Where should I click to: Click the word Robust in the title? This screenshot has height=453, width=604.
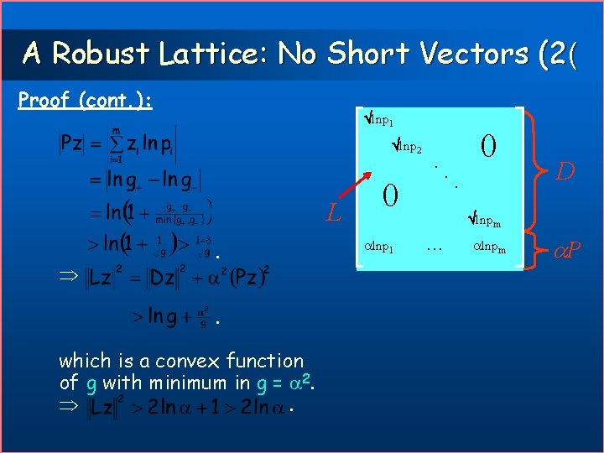100,54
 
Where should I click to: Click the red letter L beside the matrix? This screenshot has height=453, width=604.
334,216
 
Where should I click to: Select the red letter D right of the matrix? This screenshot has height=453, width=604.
566,173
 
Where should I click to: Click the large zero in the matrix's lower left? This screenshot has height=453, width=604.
388,196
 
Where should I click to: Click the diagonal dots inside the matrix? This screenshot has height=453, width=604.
445,176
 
